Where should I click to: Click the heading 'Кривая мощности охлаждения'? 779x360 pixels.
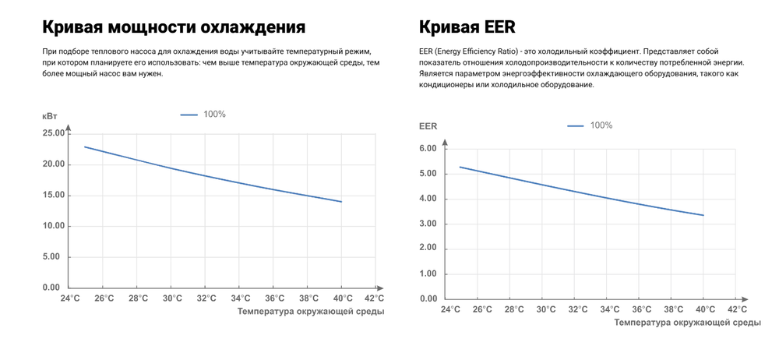point(173,27)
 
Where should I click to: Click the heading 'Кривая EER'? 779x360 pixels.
point(467,27)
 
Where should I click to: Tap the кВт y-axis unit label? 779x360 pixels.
point(51,115)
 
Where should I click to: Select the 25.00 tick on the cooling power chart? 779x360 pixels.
point(54,133)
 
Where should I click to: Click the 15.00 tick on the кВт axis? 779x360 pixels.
point(54,195)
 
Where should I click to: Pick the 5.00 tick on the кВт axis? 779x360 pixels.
point(56,256)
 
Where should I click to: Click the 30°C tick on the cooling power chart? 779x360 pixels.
point(172,298)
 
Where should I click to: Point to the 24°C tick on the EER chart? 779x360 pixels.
point(450,309)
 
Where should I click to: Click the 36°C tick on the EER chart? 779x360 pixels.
point(642,309)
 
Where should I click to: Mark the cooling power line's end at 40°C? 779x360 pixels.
point(341,202)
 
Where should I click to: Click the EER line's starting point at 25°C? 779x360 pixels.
point(460,167)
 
